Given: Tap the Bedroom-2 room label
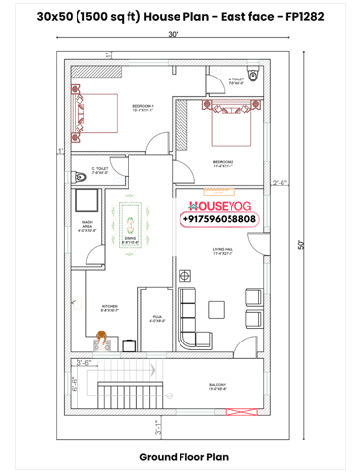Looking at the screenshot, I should click(x=223, y=161).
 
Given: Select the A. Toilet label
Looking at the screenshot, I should click(x=236, y=81).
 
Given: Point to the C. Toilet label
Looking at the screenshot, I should click(x=100, y=170).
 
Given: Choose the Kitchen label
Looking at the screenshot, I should click(x=110, y=308).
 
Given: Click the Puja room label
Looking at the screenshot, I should click(x=156, y=318).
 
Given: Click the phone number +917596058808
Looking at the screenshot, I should click(x=220, y=220).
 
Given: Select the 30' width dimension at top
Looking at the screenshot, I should click(x=173, y=34).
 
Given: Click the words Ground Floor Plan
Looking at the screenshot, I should click(x=183, y=456).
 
